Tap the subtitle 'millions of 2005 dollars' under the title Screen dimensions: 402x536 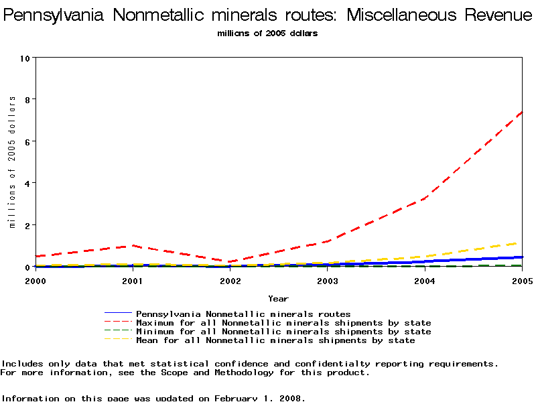(267, 33)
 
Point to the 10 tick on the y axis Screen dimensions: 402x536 (25, 58)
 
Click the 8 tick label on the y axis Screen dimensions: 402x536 (27, 99)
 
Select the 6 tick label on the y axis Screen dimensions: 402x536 (27, 141)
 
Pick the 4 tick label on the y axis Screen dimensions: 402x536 (27, 183)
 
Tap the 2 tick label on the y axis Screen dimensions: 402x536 (27, 225)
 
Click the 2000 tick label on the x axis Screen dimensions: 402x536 (36, 280)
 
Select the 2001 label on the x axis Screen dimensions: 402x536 (133, 280)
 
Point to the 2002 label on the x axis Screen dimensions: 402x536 (230, 280)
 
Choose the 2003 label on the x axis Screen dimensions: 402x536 (327, 280)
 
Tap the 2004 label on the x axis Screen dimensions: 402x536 (424, 280)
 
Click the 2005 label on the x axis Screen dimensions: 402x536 (521, 280)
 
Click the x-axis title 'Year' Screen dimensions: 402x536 (278, 298)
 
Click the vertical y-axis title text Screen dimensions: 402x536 (12, 162)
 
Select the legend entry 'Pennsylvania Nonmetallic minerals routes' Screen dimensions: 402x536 (243, 314)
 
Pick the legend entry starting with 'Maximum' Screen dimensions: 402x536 (283, 323)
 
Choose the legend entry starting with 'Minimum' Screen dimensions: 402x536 (283, 332)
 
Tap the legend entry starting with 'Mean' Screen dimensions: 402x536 (275, 340)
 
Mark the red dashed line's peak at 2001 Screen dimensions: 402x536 (133, 245)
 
